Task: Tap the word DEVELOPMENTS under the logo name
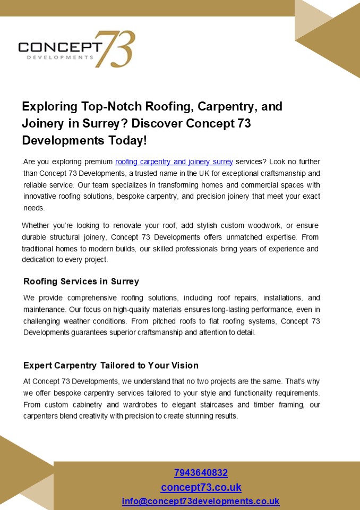click(x=59, y=57)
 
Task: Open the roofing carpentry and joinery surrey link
click(x=174, y=161)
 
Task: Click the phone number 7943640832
click(x=201, y=473)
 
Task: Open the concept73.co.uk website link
click(x=201, y=487)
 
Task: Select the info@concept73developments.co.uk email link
click(x=201, y=501)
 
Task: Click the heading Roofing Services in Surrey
click(x=81, y=281)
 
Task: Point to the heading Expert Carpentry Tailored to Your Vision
click(x=111, y=365)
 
